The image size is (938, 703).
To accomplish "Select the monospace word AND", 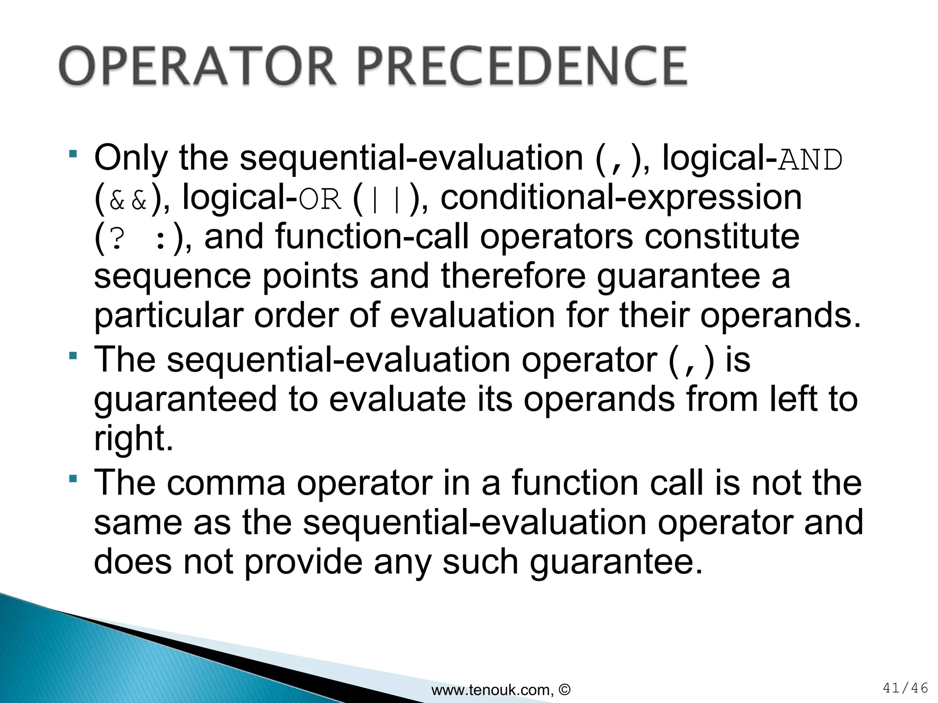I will (810, 161).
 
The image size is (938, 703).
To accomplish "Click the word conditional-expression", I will (621, 198).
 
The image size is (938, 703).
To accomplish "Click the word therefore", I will (513, 276).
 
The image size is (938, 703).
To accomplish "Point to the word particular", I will (168, 317).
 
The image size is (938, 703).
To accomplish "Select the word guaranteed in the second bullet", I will (185, 400).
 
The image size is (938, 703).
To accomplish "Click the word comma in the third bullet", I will (226, 483).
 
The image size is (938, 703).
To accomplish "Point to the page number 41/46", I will (905, 688).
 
